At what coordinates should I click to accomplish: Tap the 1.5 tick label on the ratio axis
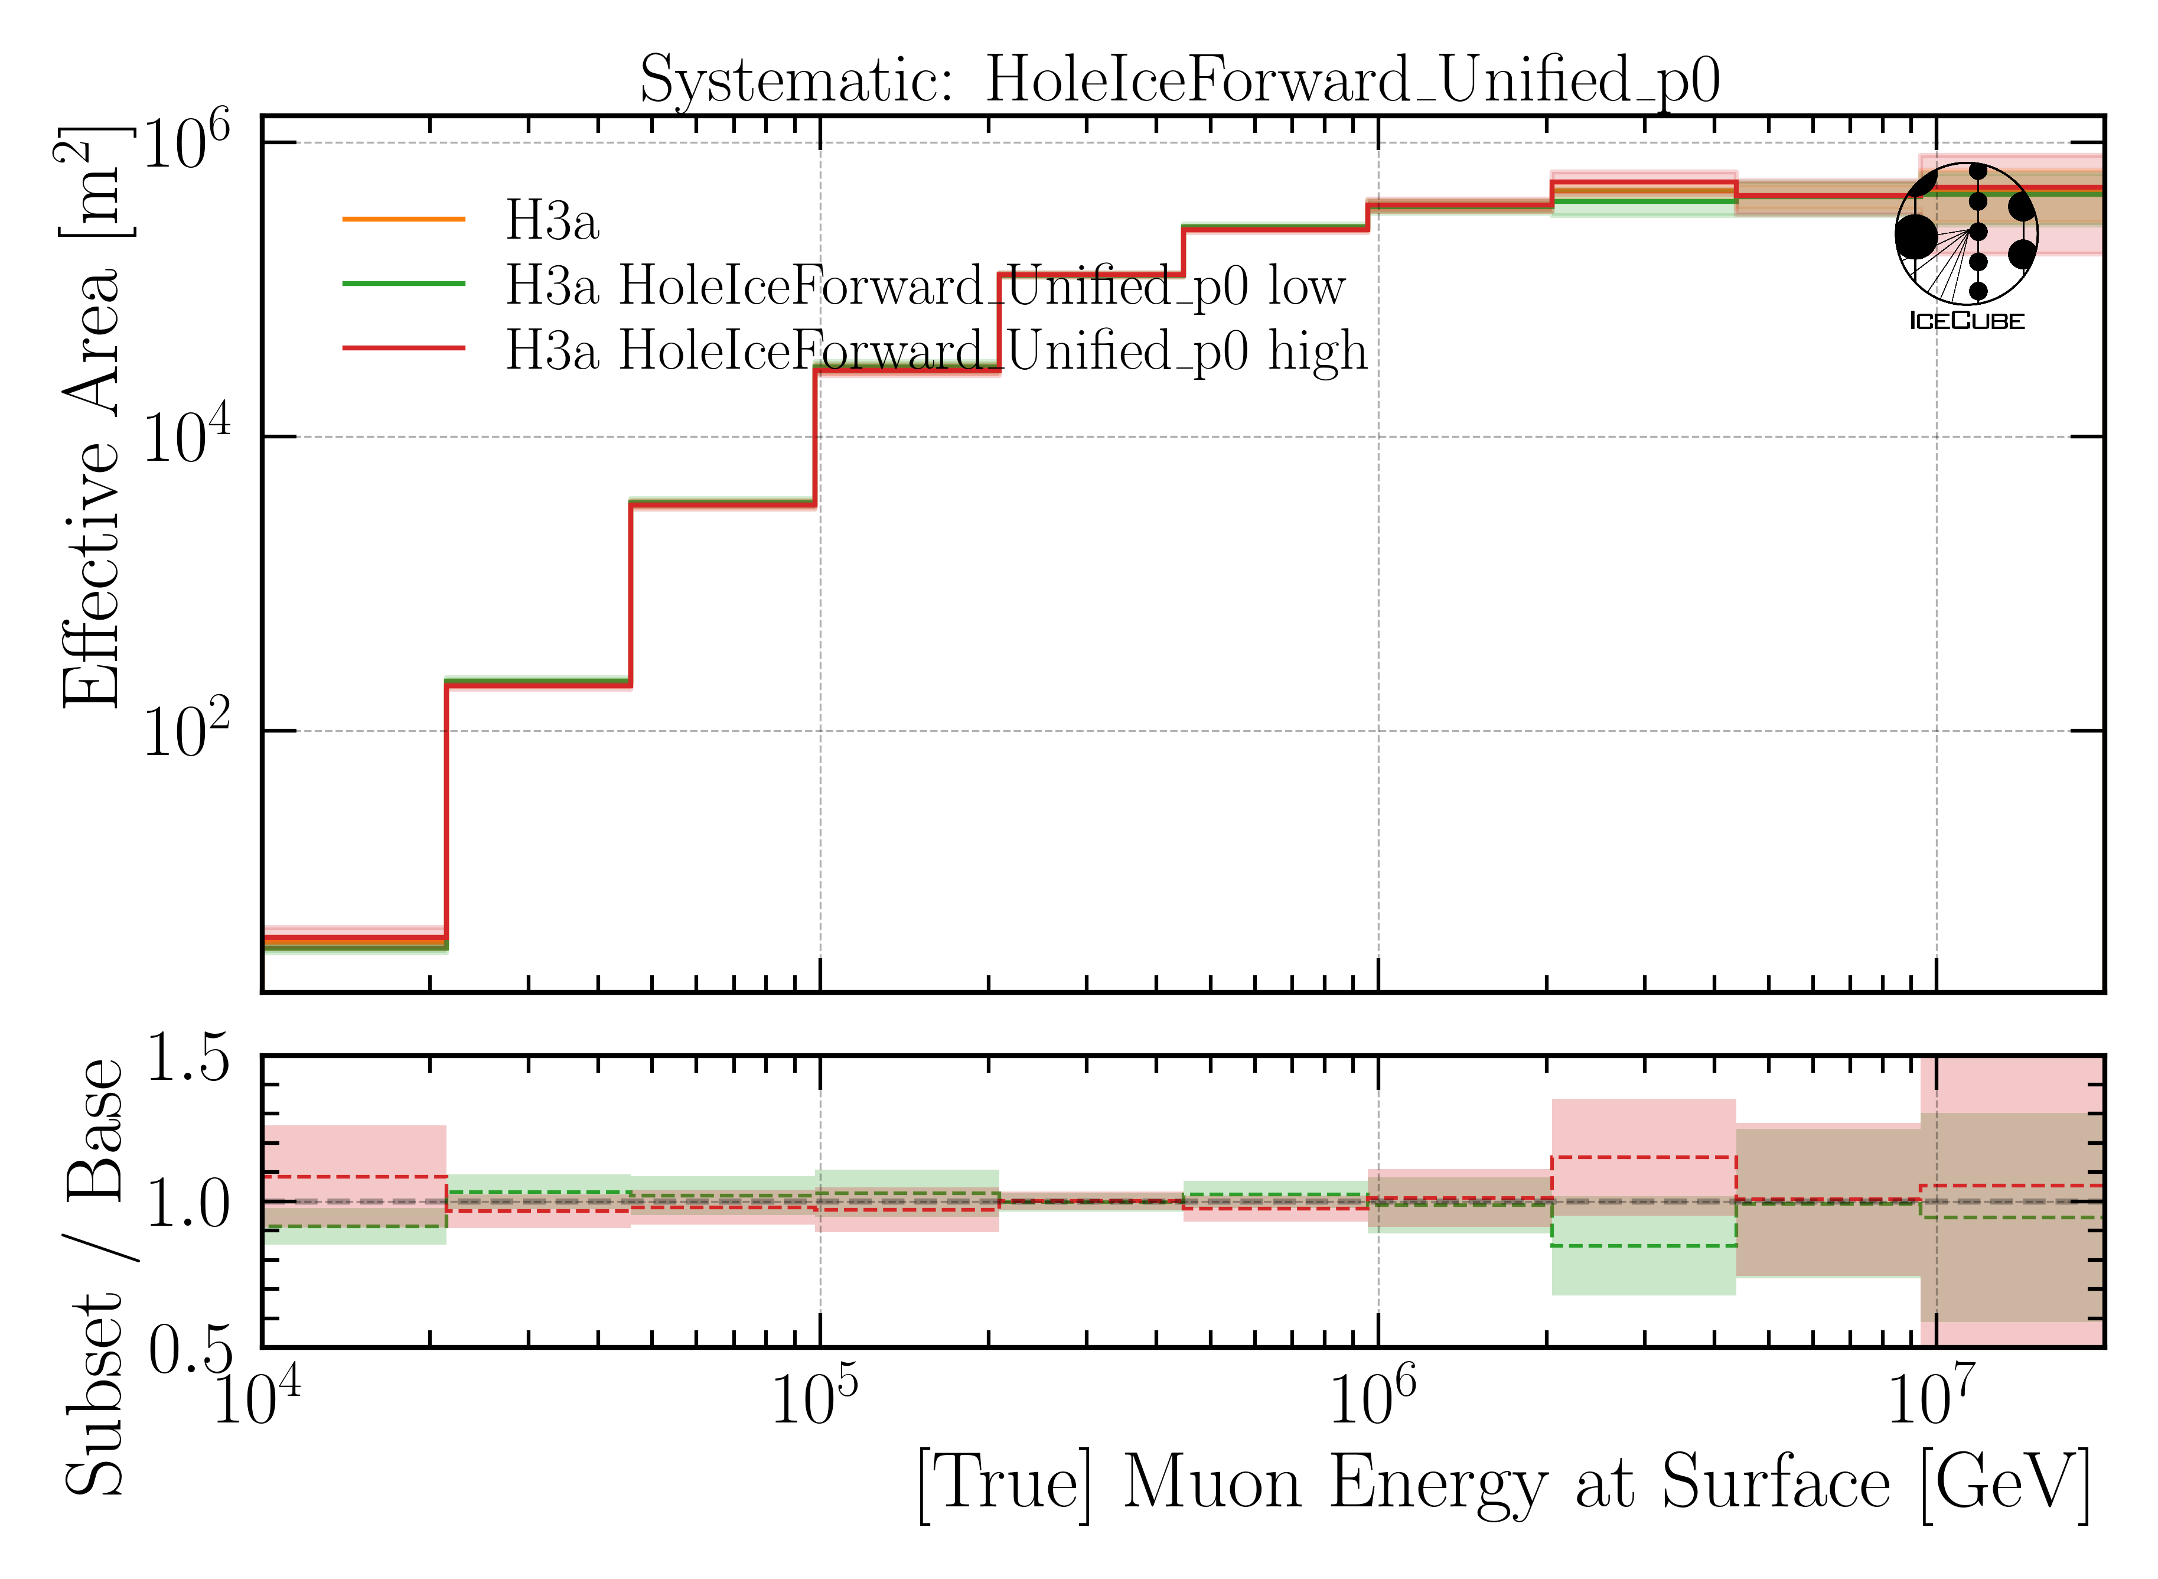tap(188, 1059)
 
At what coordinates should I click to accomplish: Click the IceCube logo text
tap(1966, 321)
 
